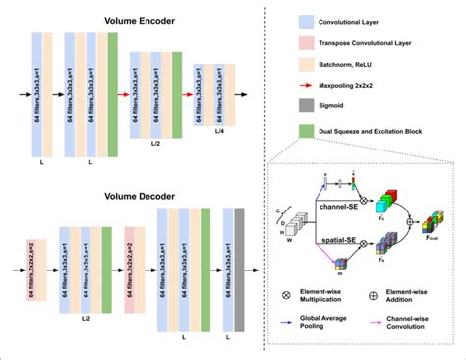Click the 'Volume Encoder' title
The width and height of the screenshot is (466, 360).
(x=141, y=19)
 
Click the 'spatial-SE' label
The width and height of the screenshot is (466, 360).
(x=335, y=239)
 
